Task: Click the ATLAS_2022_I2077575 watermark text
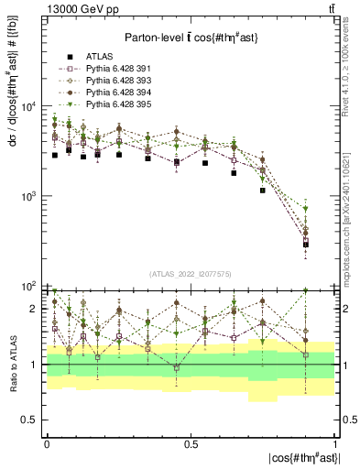[190, 274]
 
